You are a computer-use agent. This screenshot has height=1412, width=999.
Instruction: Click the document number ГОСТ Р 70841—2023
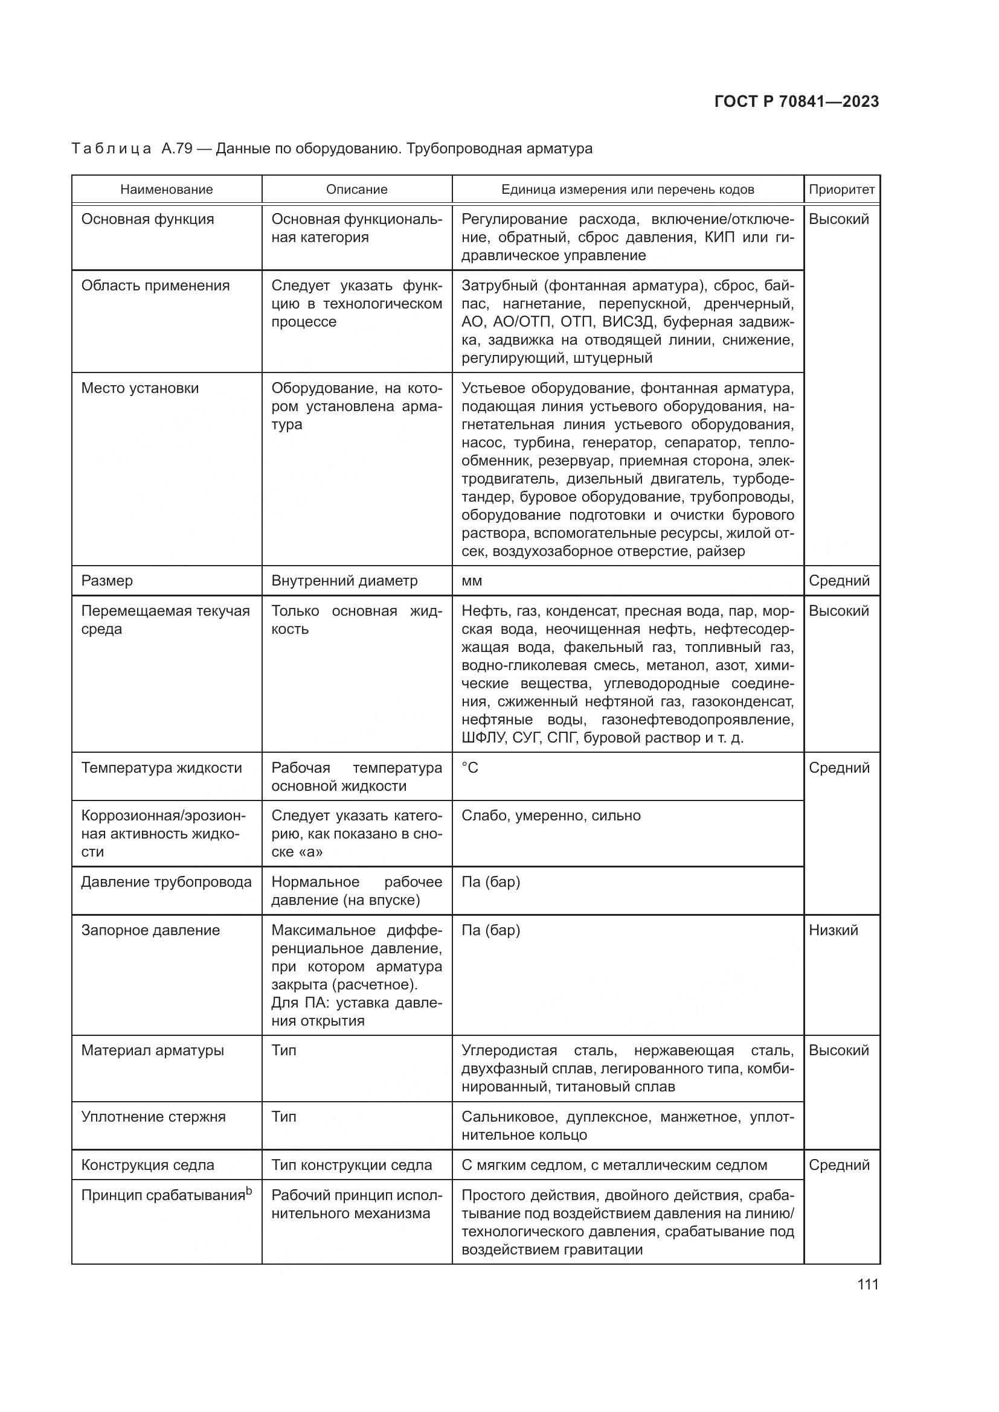click(797, 102)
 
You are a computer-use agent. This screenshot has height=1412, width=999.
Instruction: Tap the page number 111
click(867, 1284)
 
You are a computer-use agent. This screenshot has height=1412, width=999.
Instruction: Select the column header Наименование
click(166, 190)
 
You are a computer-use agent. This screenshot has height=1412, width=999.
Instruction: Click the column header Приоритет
click(841, 190)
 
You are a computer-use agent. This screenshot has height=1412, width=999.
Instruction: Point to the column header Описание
click(357, 190)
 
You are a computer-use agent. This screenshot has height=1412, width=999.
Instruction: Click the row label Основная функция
click(147, 220)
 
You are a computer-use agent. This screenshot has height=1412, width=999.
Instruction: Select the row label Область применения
click(155, 286)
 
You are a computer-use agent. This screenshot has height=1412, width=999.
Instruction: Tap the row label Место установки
click(140, 389)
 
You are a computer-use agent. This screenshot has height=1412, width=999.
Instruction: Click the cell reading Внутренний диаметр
click(344, 581)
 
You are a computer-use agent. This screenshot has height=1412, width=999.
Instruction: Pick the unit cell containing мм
click(472, 581)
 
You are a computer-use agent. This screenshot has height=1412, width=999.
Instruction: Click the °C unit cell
click(469, 768)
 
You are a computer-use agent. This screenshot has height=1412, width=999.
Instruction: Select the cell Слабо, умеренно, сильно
click(551, 816)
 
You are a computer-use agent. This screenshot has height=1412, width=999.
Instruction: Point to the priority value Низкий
click(833, 930)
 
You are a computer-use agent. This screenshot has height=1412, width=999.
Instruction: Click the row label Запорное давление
click(150, 930)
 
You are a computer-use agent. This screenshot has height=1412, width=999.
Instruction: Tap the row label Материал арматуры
click(153, 1050)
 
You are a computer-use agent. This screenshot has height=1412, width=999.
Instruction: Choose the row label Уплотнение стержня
click(153, 1117)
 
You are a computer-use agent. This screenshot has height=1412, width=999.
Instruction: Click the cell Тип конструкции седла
click(352, 1165)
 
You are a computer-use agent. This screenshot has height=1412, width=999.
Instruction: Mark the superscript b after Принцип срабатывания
click(249, 1192)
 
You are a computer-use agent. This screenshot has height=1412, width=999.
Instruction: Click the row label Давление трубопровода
click(166, 883)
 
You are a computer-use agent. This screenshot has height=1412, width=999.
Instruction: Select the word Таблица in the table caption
click(111, 149)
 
